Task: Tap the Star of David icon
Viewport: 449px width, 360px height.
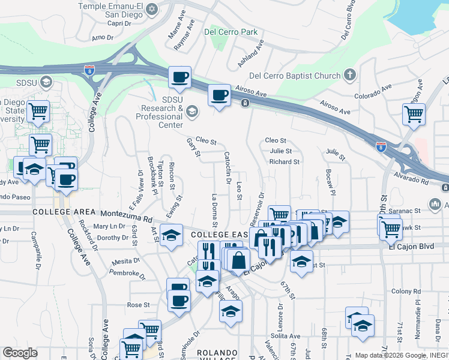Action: (x=152, y=10)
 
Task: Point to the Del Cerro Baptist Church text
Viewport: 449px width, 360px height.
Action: (x=294, y=76)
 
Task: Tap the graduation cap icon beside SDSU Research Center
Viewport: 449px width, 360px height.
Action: (x=191, y=110)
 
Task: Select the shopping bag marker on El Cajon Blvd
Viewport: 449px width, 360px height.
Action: (x=239, y=260)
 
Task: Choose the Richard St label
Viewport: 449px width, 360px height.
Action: (x=284, y=162)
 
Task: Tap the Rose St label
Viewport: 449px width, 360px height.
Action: (x=138, y=305)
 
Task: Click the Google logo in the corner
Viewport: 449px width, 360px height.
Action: (x=20, y=353)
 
